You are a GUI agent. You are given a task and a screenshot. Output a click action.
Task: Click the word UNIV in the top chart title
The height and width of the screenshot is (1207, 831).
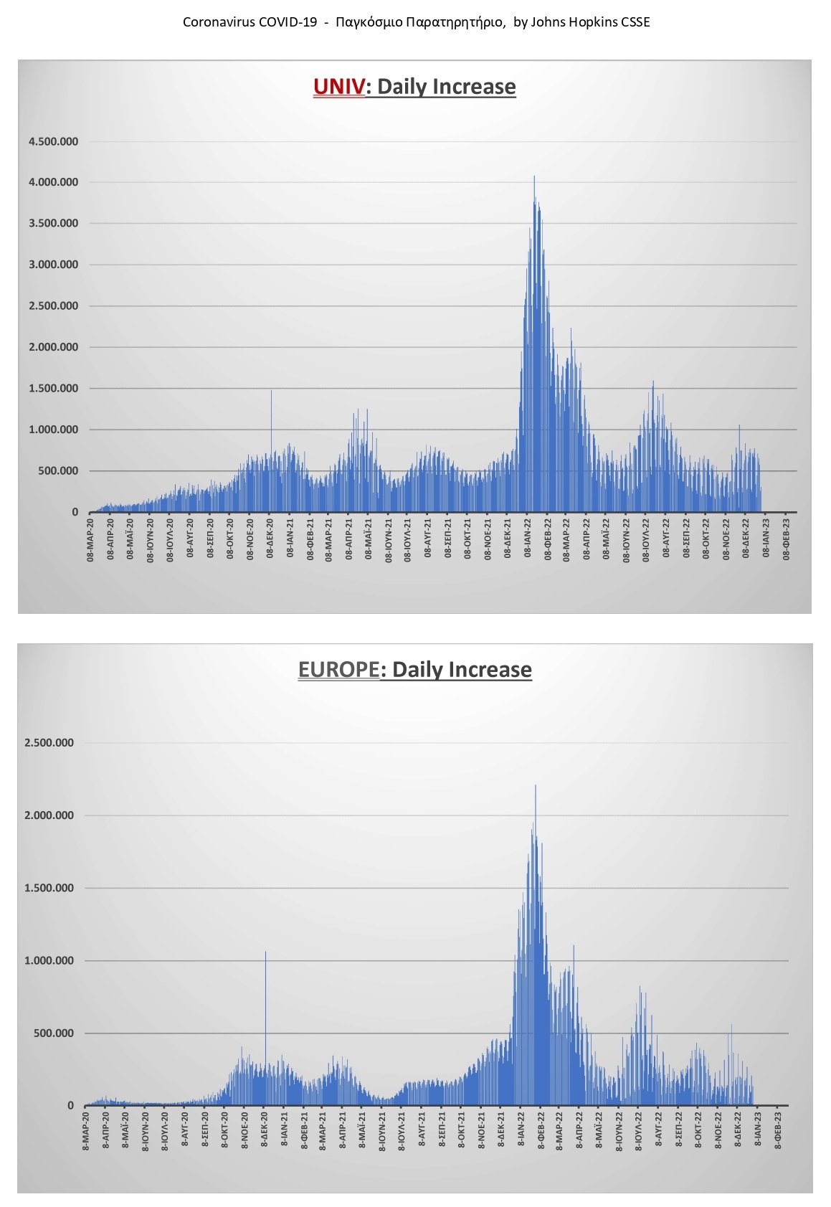(x=338, y=87)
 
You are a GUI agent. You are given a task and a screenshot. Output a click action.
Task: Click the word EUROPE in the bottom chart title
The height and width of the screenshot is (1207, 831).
(x=338, y=670)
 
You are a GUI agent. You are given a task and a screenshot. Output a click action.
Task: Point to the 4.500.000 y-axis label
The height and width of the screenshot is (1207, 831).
(x=53, y=142)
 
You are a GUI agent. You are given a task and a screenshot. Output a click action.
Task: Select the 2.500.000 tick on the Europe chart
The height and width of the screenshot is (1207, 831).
(x=49, y=743)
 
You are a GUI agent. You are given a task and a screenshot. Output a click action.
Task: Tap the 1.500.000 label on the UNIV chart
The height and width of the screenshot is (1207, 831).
(x=53, y=389)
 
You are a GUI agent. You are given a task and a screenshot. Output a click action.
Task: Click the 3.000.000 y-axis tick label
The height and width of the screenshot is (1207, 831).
(x=53, y=265)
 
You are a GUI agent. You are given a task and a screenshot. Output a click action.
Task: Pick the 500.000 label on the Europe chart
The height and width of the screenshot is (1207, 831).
(x=53, y=1033)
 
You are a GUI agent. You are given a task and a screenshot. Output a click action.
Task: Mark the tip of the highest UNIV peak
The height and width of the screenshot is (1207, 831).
(x=534, y=177)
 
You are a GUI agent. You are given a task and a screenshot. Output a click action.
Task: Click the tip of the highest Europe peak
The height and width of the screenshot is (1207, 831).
(x=536, y=786)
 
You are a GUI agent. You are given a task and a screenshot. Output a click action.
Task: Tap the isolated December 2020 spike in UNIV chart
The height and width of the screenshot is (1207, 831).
(x=271, y=392)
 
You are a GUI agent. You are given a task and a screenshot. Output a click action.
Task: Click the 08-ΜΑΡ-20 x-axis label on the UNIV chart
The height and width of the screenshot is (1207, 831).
(x=90, y=538)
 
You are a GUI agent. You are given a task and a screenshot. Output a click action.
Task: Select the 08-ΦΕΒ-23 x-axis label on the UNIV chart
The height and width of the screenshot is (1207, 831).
(x=787, y=538)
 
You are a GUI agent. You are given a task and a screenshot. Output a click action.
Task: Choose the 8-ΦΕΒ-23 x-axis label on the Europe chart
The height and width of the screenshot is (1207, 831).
(x=778, y=1130)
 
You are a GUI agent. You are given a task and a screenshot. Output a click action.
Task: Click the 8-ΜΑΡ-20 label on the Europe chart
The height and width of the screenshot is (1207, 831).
(x=86, y=1130)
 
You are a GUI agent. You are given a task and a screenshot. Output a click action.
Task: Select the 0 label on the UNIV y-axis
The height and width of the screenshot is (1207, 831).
(x=75, y=513)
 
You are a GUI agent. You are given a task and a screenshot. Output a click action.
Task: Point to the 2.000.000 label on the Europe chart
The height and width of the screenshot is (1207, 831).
(x=49, y=815)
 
